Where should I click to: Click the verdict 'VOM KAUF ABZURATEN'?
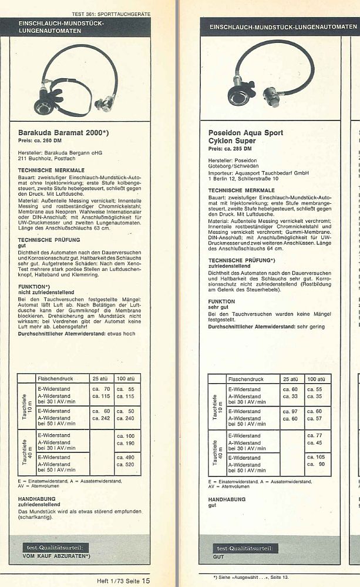56,555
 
